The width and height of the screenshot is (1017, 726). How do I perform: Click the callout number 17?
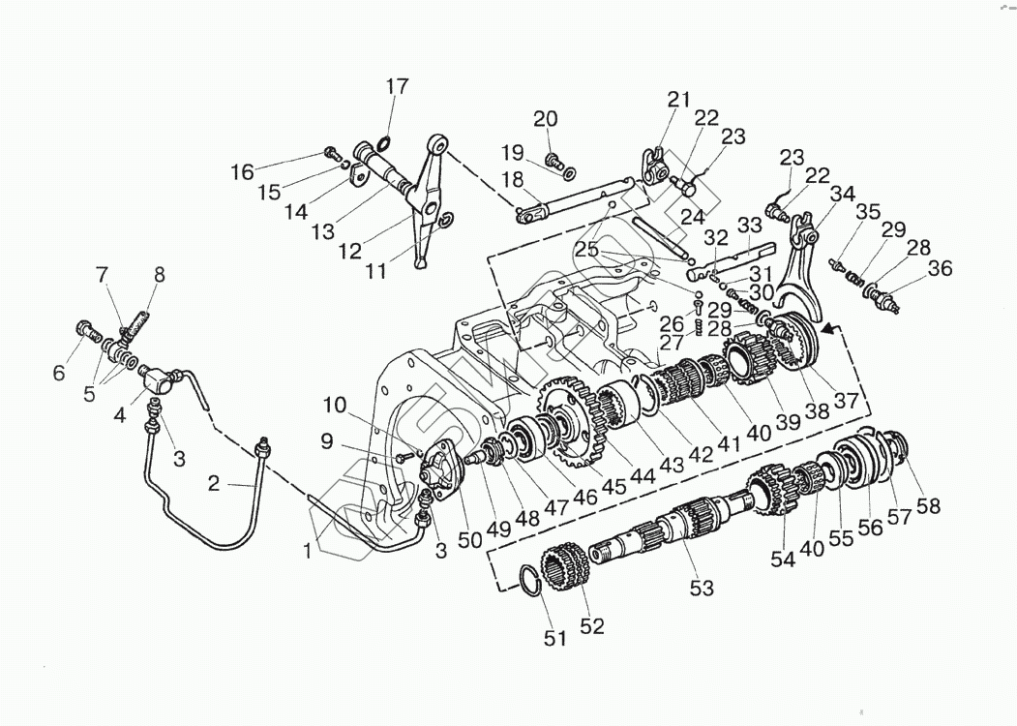pos(398,86)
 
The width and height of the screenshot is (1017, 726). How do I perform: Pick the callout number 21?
pos(678,99)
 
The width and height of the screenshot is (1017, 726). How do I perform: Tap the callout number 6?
pos(59,373)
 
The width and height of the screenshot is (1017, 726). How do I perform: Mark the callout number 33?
pos(750,226)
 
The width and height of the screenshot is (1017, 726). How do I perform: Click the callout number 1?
pos(307,550)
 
